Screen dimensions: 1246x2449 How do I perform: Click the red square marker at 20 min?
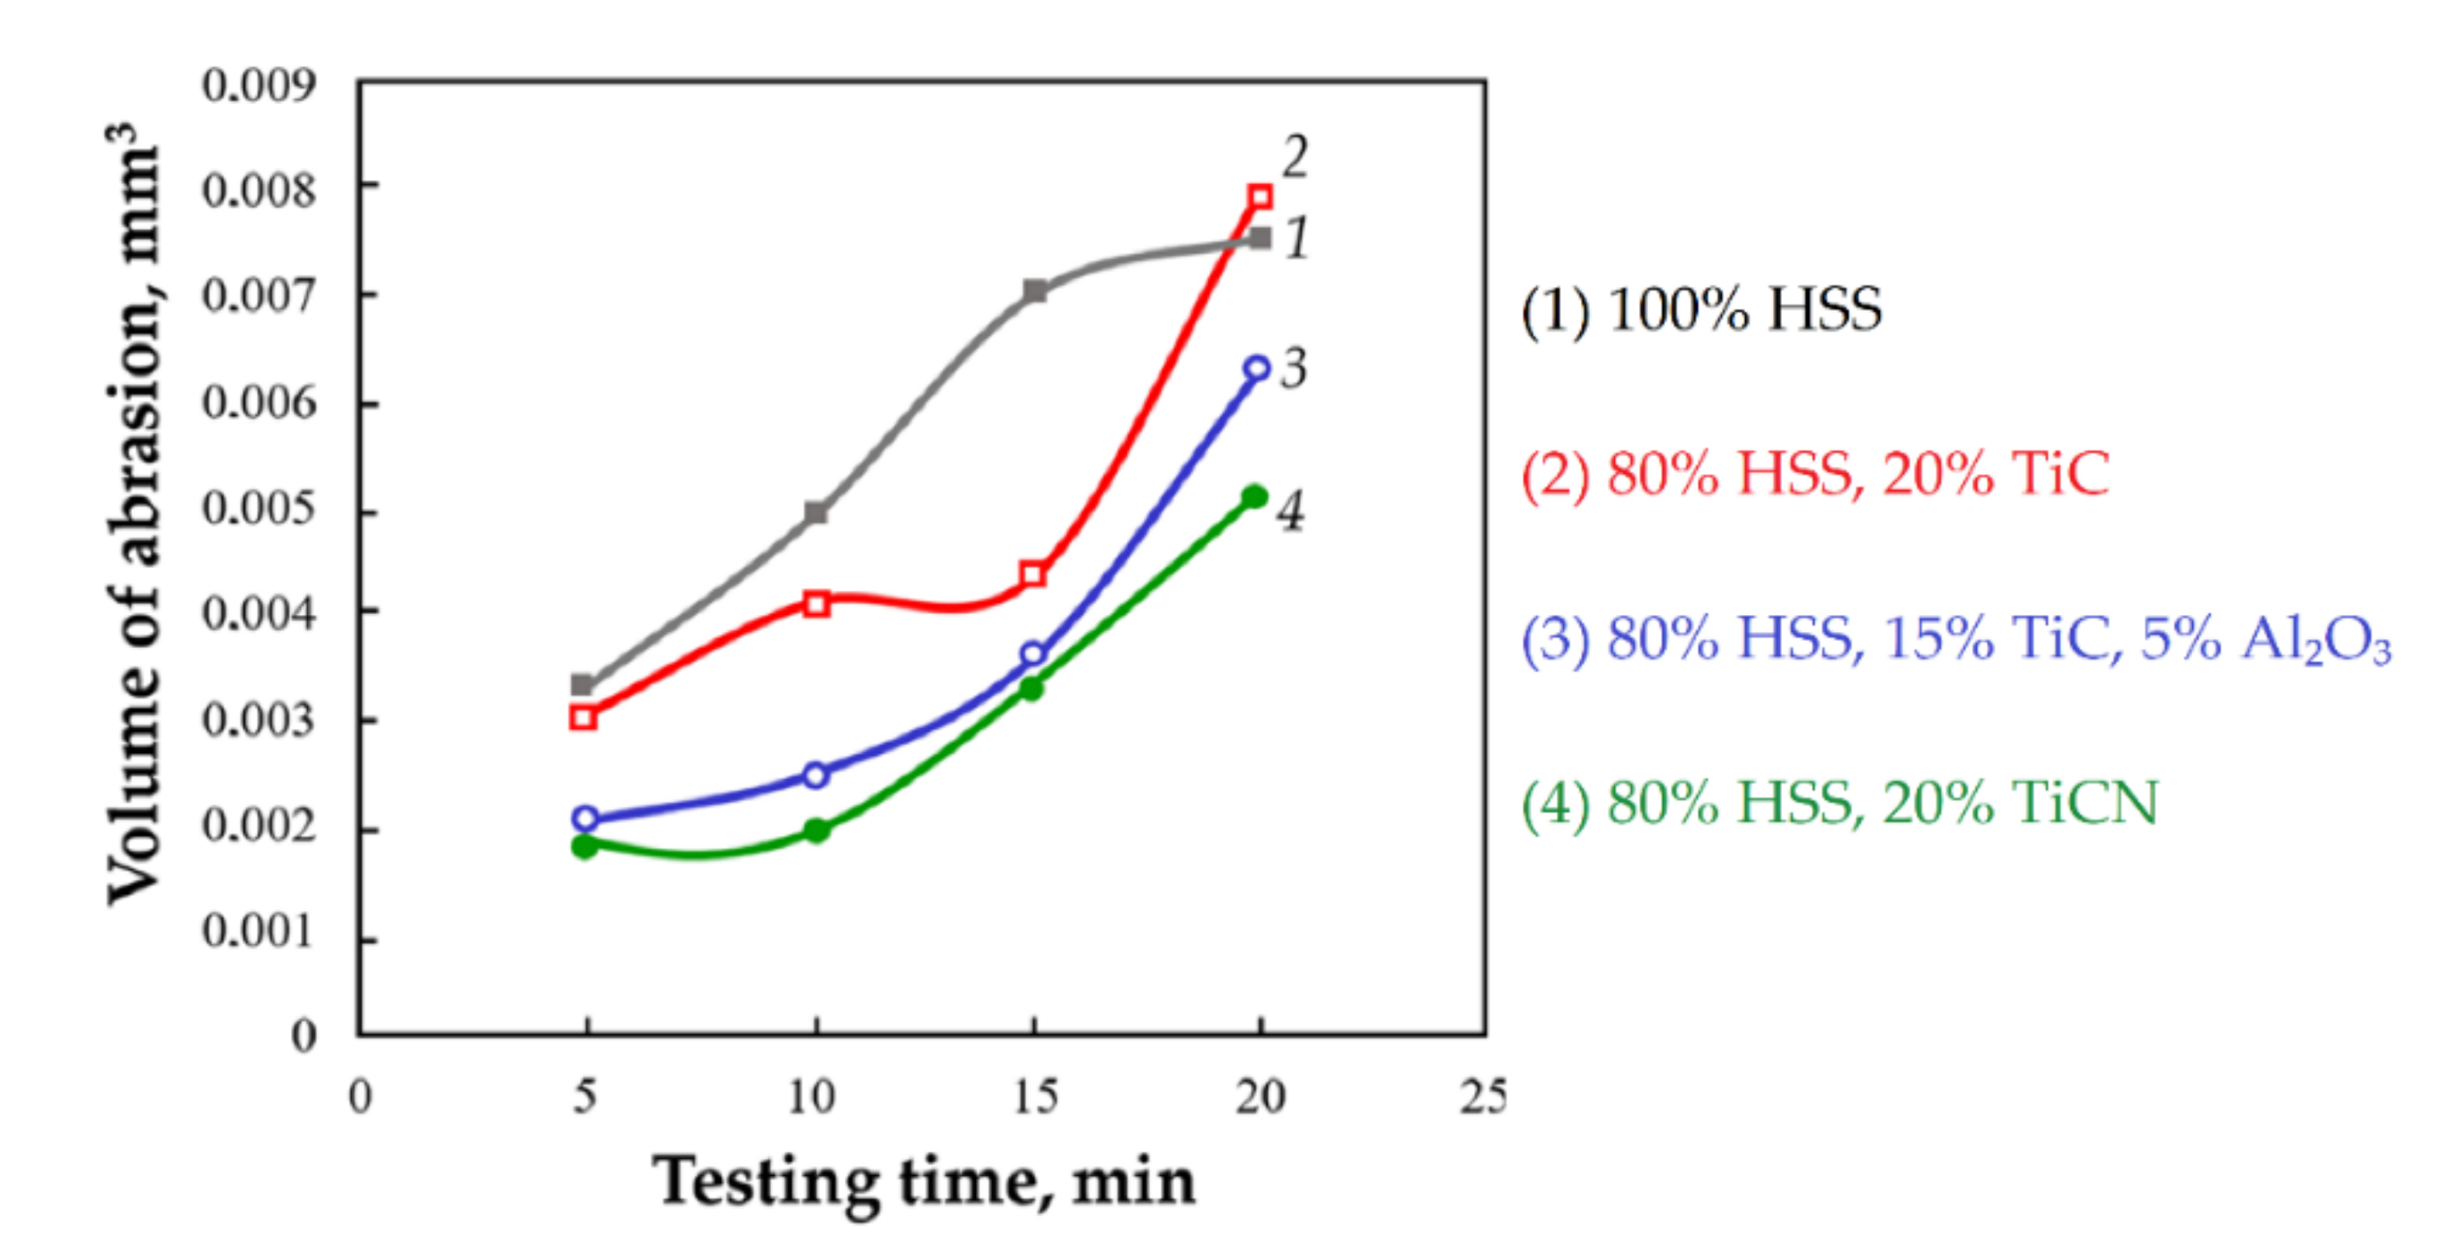[1260, 197]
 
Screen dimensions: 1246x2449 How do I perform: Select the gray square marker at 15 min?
[1035, 291]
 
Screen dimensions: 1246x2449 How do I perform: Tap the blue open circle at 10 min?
[816, 775]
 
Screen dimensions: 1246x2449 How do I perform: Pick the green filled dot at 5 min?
[584, 845]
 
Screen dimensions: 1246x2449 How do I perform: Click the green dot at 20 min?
[1255, 496]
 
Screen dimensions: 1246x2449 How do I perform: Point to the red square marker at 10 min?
[816, 603]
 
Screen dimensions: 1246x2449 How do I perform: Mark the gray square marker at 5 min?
[582, 684]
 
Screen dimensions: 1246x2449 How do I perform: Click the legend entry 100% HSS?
[1701, 310]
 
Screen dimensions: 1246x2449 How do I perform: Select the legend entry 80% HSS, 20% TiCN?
[1839, 803]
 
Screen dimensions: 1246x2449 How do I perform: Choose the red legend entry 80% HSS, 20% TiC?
[1815, 473]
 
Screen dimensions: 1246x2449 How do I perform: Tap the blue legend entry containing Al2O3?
[1955, 638]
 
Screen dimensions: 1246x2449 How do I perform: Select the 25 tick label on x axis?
[1483, 1097]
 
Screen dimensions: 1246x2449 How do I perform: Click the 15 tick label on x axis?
[1035, 1097]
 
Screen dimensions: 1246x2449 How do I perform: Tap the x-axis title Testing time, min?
[924, 1181]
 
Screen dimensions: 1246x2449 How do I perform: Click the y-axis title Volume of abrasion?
[133, 513]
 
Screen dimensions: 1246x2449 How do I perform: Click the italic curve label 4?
[1290, 512]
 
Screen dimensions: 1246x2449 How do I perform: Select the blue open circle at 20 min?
[1257, 368]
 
